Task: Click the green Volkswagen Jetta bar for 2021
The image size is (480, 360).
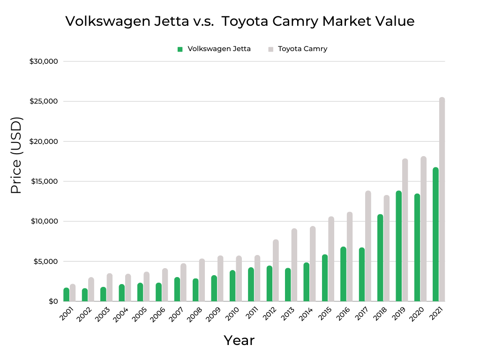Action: point(435,234)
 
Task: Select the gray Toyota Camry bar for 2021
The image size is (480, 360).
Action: point(442,199)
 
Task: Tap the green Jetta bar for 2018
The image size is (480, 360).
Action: point(380,258)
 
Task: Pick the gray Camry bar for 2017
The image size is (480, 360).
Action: point(368,246)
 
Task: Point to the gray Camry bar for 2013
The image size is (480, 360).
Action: point(294,265)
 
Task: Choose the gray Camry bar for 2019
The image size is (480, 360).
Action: point(405,230)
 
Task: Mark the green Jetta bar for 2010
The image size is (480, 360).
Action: point(232,285)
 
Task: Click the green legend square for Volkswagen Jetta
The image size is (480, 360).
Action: point(180,49)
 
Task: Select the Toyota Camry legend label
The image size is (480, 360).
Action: point(302,49)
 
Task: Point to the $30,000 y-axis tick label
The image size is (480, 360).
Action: point(43,61)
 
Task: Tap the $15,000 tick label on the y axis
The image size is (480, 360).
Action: point(43,181)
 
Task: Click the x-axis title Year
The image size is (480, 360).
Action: point(239,340)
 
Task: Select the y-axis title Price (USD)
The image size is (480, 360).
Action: point(16,155)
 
